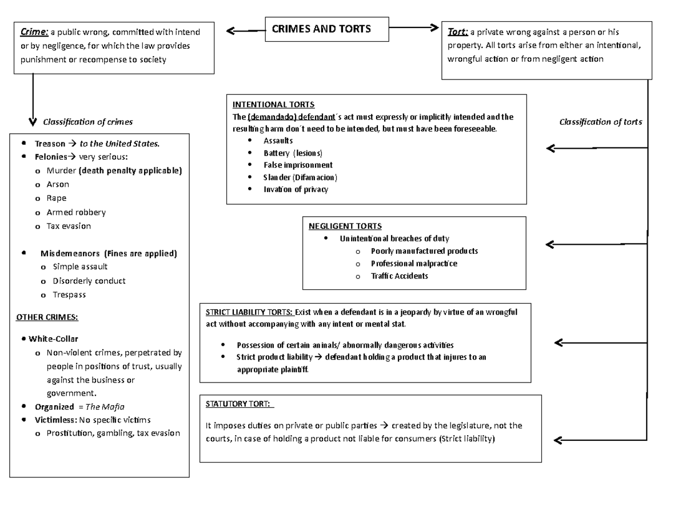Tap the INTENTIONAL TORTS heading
[x=273, y=105]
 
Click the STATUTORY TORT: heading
[x=240, y=404]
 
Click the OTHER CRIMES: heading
[x=47, y=317]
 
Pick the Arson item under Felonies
[x=58, y=184]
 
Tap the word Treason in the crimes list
[x=50, y=144]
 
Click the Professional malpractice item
[x=414, y=264]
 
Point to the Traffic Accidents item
[x=399, y=276]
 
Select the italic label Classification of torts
[x=600, y=122]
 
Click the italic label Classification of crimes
[x=88, y=122]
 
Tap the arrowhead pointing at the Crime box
[x=230, y=31]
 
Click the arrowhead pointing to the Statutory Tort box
[x=558, y=440]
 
